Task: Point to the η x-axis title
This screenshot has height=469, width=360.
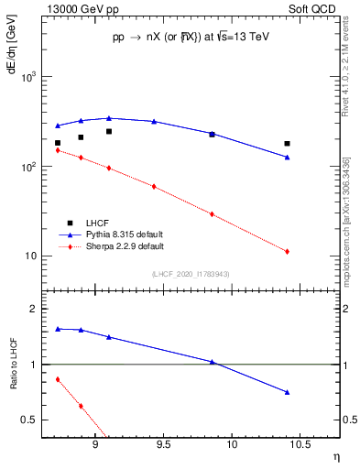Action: pyautogui.click(x=333, y=457)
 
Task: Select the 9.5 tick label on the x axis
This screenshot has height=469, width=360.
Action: pyautogui.click(x=164, y=444)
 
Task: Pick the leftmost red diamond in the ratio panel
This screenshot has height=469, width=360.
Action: pyautogui.click(x=58, y=379)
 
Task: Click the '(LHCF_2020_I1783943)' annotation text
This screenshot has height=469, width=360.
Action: pyautogui.click(x=190, y=275)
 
